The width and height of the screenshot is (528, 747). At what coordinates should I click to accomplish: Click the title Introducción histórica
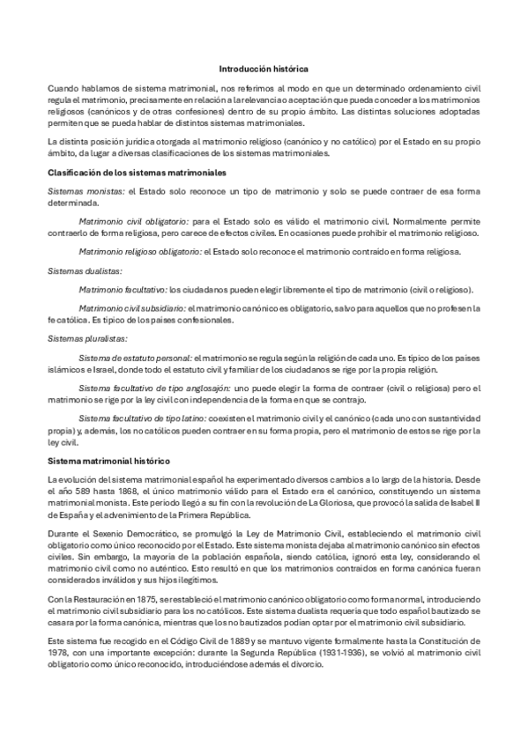[x=264, y=68]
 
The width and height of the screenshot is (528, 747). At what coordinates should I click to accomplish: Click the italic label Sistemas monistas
[x=86, y=190]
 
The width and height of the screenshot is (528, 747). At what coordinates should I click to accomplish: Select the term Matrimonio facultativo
[x=123, y=289]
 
